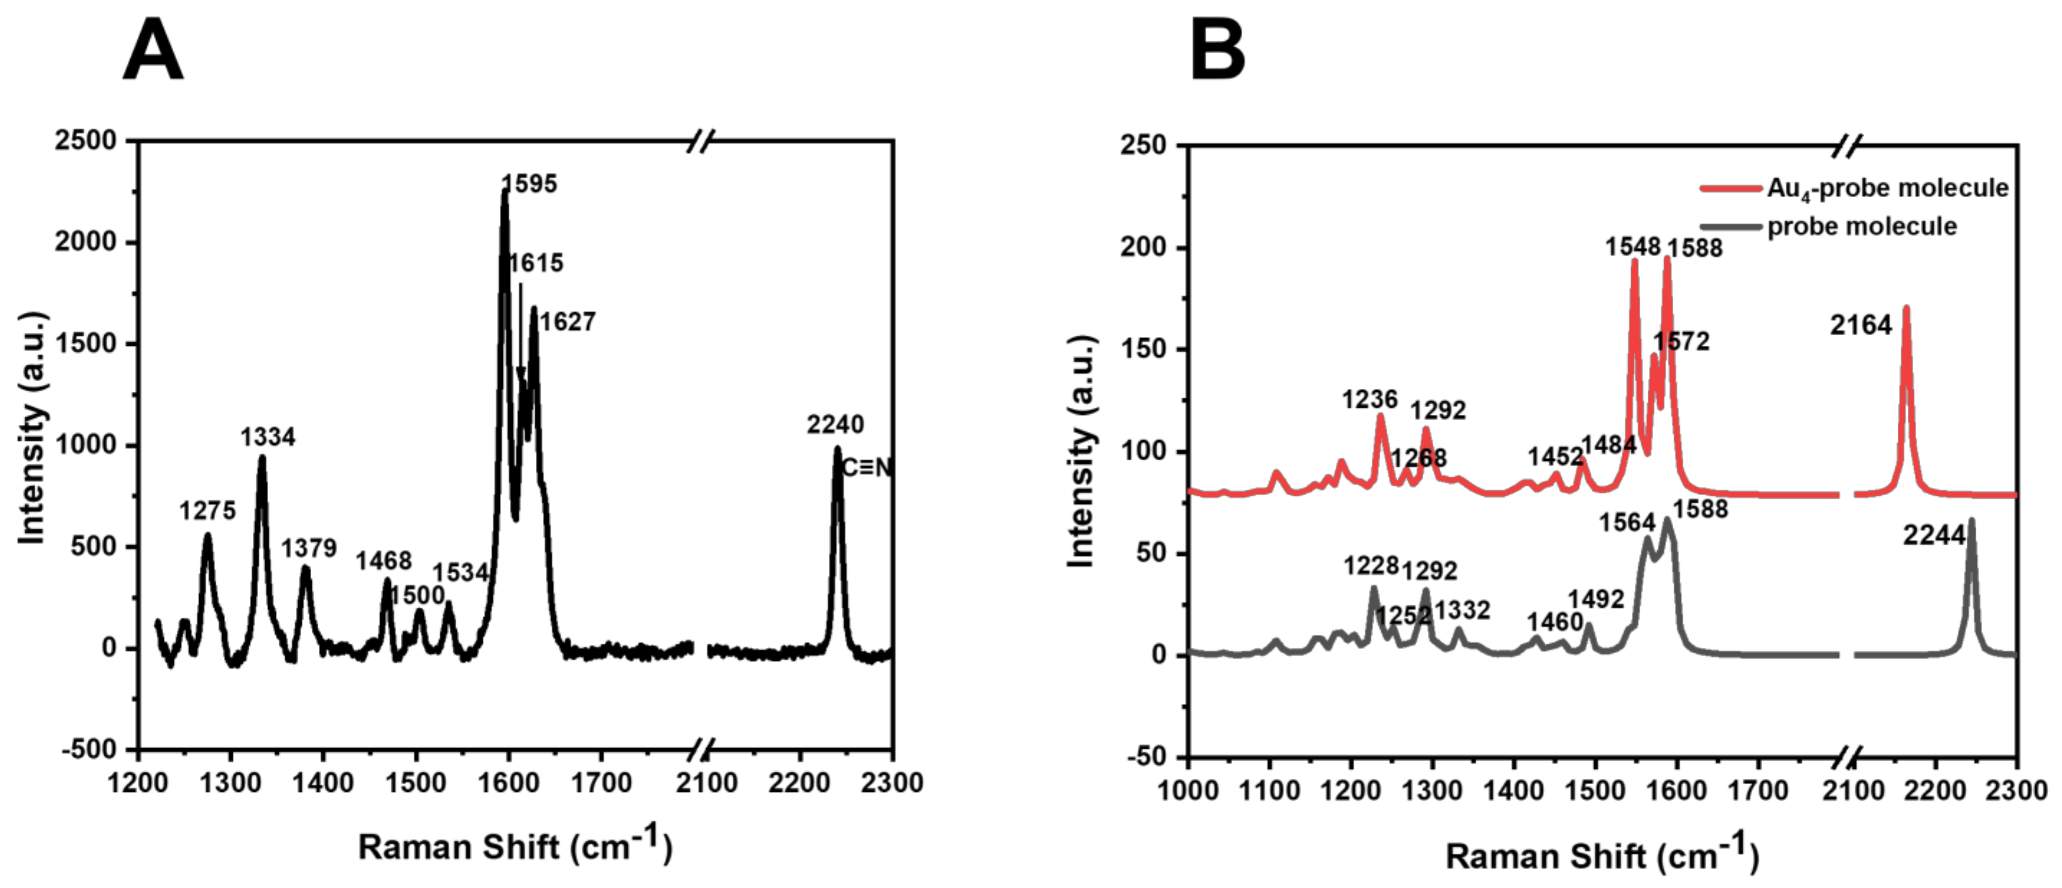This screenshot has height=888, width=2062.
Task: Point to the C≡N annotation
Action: click(867, 468)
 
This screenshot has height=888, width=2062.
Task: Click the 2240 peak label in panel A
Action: click(835, 424)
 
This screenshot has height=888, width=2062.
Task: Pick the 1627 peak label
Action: click(567, 322)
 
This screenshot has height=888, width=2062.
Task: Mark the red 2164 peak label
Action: click(1861, 326)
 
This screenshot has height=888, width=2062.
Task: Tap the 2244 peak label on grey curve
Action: click(1934, 535)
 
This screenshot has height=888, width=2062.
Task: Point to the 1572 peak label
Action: click(1682, 342)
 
